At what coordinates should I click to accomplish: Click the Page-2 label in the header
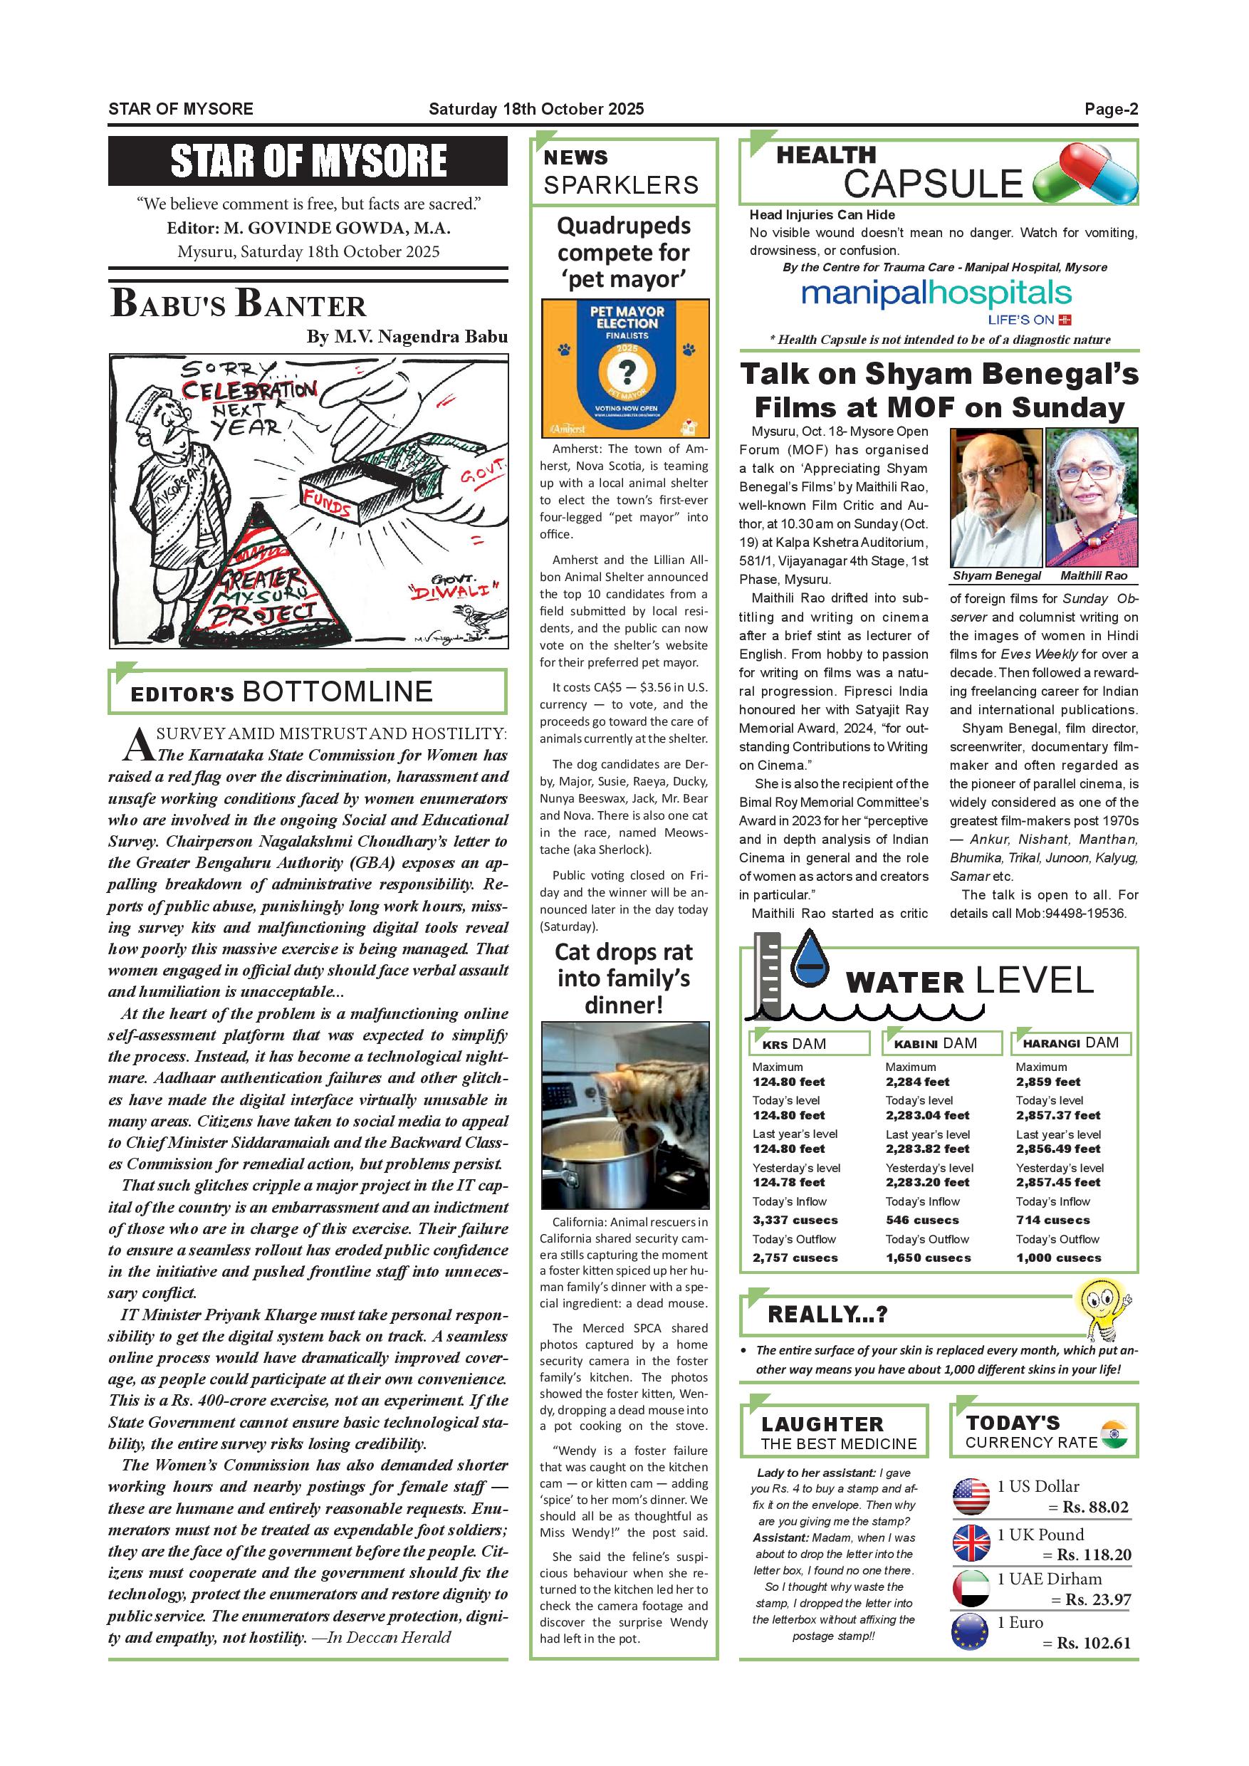pyautogui.click(x=1111, y=109)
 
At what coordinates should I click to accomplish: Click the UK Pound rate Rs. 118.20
pyautogui.click(x=1094, y=1555)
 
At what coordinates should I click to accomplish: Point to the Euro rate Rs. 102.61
pyautogui.click(x=1094, y=1643)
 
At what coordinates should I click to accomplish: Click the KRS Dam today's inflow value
pyautogui.click(x=795, y=1220)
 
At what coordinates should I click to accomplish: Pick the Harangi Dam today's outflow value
pyautogui.click(x=1058, y=1258)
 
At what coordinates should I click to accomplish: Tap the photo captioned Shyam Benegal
pyautogui.click(x=996, y=498)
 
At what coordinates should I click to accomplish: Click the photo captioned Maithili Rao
pyautogui.click(x=1092, y=498)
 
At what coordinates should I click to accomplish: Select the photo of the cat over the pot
pyautogui.click(x=624, y=1115)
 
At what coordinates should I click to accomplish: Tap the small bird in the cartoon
pyautogui.click(x=468, y=613)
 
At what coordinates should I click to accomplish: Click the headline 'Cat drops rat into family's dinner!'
pyautogui.click(x=624, y=978)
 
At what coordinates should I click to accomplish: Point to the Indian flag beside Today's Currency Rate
pyautogui.click(x=1114, y=1433)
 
